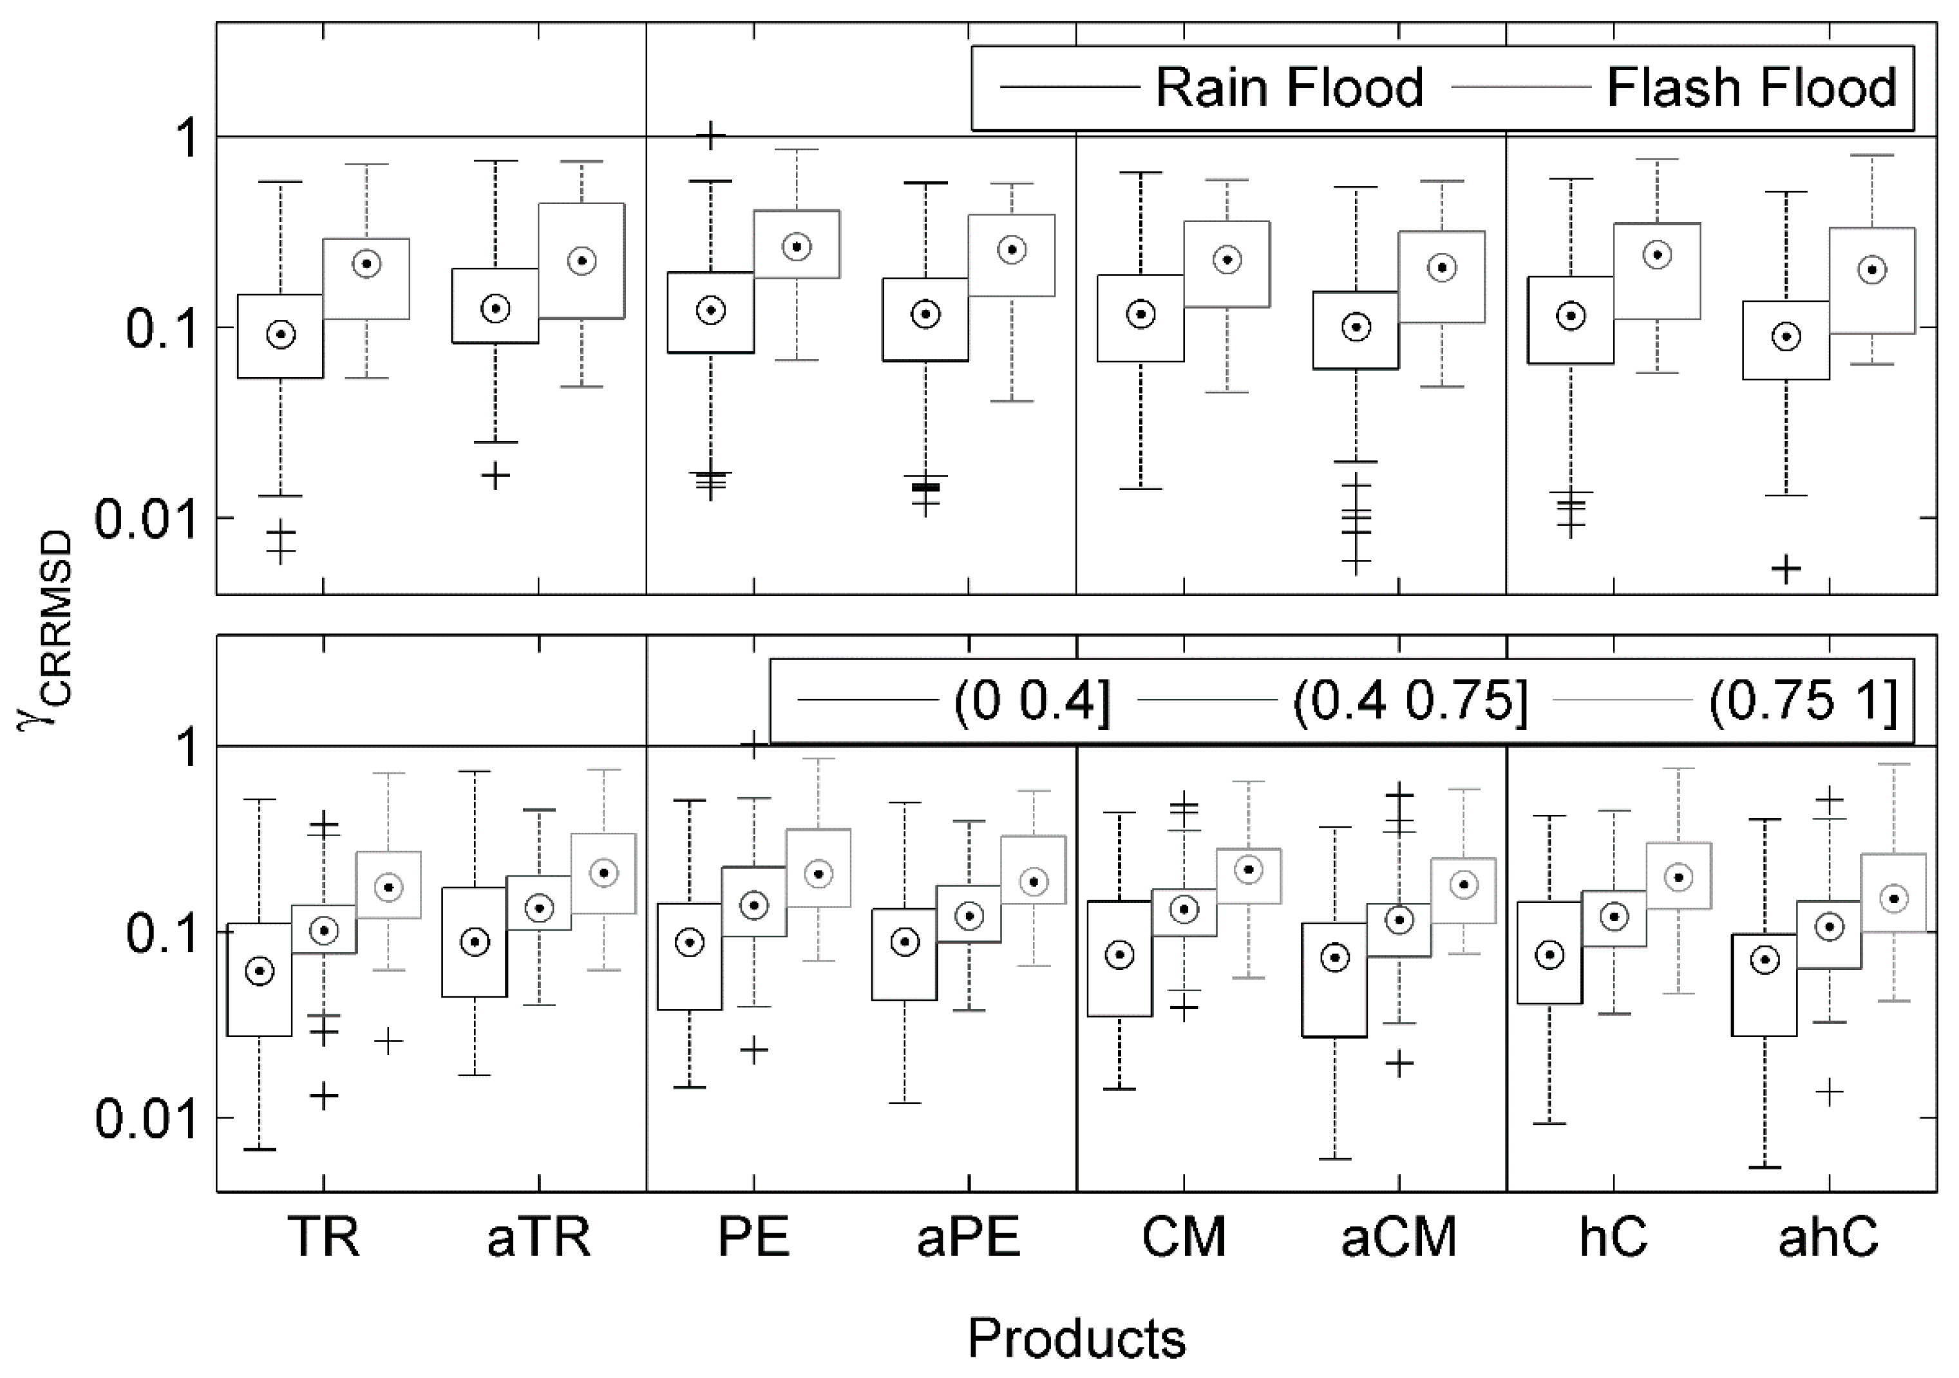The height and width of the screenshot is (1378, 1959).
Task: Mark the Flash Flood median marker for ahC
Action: coord(1872,270)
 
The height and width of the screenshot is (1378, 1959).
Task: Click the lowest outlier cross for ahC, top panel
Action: coord(1786,569)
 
